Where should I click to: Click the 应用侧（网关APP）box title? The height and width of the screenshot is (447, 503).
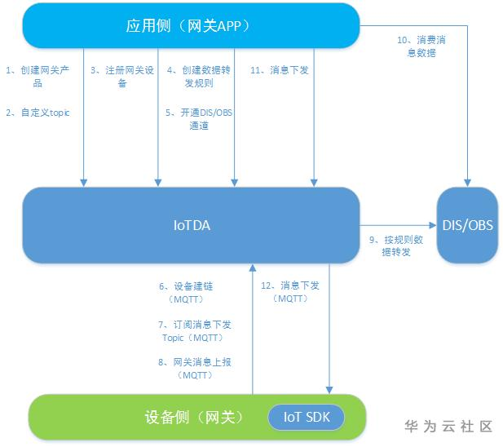tap(187, 25)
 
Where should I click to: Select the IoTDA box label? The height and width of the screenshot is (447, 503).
tap(192, 225)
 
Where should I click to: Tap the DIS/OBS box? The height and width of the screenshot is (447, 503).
tap(467, 225)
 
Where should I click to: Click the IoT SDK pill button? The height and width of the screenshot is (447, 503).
tap(307, 417)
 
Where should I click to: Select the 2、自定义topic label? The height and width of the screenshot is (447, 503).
tap(38, 113)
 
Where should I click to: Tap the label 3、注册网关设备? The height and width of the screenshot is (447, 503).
tap(122, 77)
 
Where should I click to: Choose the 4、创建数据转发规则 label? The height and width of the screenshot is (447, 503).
tap(199, 77)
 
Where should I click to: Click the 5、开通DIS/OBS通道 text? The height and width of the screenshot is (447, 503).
tap(199, 119)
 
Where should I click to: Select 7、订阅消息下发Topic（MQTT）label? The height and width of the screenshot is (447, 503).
tap(195, 330)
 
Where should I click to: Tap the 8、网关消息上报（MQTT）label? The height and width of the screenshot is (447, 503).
tap(195, 368)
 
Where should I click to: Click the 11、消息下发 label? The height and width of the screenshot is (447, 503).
tap(279, 70)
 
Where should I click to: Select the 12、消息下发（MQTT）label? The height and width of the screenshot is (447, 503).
tap(291, 293)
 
